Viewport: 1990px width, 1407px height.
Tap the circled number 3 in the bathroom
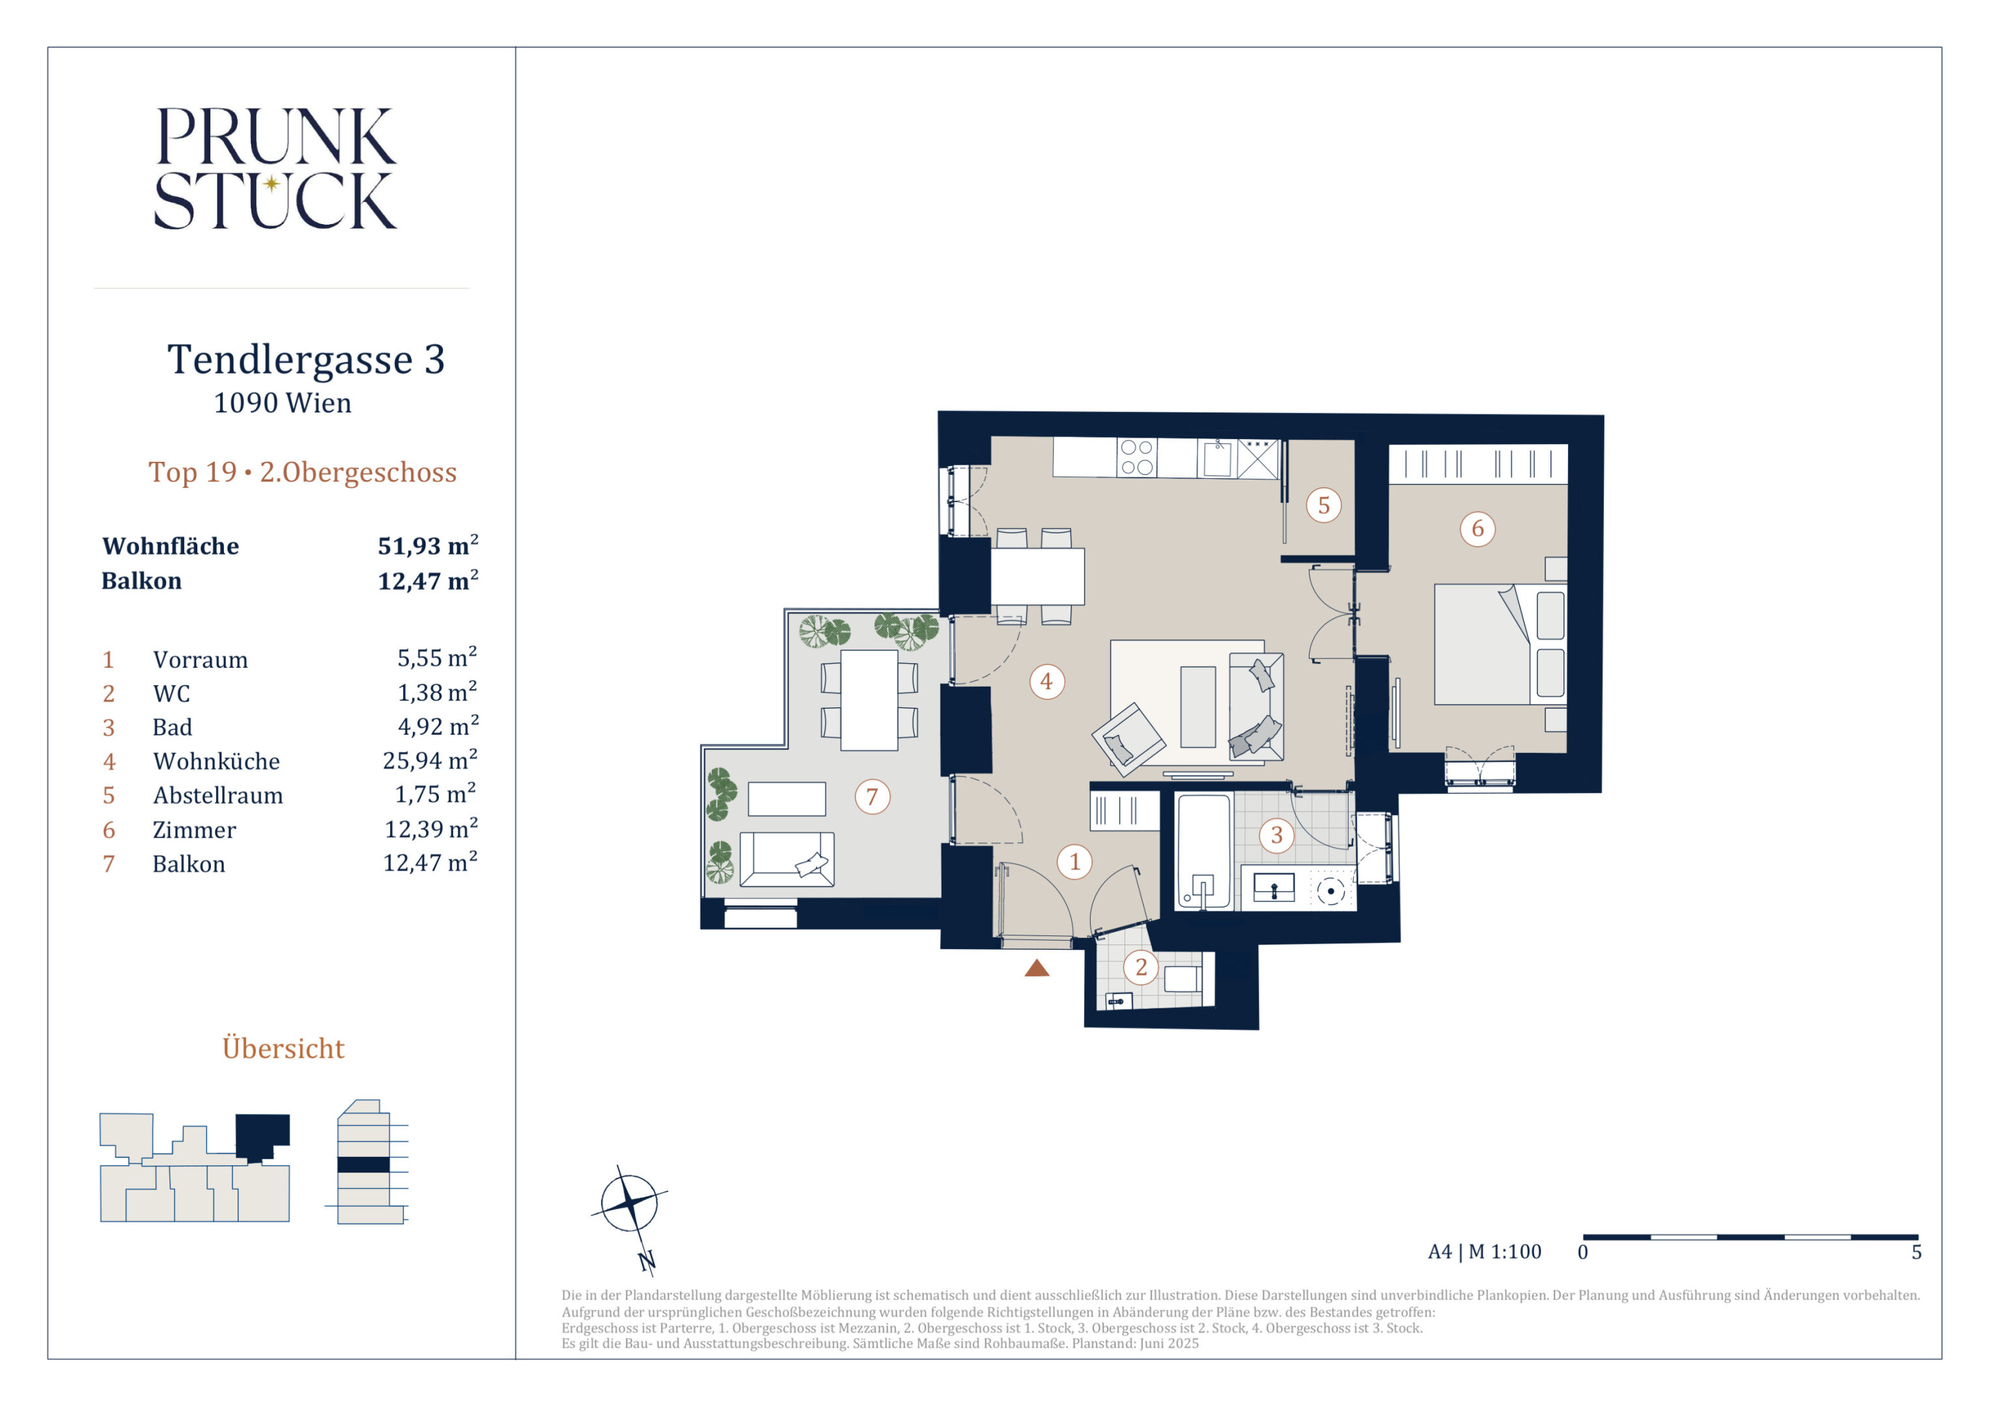pos(1277,835)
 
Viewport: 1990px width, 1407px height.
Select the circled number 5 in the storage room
pos(1323,505)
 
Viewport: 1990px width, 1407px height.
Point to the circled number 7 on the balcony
pos(873,796)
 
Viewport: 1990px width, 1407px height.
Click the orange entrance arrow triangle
pos(1037,969)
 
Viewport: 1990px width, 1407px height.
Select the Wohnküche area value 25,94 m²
pos(430,760)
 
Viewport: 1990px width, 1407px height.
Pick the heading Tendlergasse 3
pos(306,359)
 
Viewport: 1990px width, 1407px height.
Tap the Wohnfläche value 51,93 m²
pos(428,545)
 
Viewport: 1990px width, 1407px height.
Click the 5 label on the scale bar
pos(1917,1253)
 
